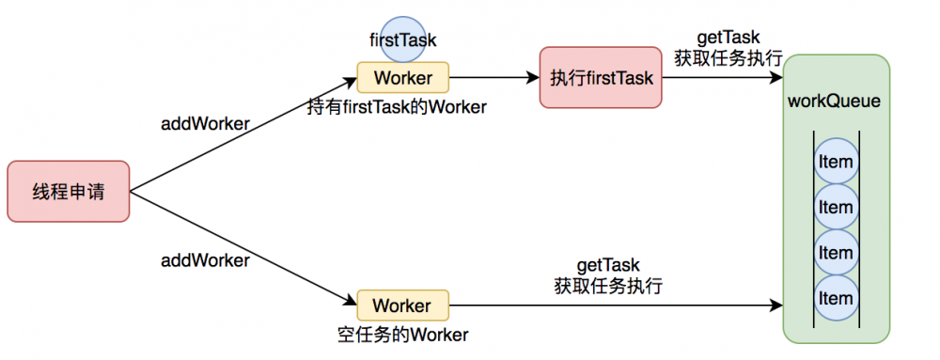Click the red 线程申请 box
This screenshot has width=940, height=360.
point(68,192)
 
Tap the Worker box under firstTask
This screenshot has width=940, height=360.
point(402,75)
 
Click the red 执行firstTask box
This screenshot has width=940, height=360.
point(601,78)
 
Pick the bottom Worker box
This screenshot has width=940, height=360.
point(402,305)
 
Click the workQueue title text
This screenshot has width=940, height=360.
point(835,101)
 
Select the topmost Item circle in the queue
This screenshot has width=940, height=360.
point(835,162)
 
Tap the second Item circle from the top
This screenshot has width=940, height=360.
point(835,207)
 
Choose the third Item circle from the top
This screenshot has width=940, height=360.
point(835,252)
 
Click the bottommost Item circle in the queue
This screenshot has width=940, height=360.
point(835,298)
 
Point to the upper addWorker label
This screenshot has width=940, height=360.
point(205,123)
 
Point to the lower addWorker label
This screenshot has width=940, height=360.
point(205,260)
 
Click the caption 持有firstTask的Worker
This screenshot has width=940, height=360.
point(397,107)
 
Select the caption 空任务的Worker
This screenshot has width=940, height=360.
point(402,334)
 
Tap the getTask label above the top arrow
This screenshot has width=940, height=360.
point(728,38)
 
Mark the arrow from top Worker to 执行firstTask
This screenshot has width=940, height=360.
point(493,76)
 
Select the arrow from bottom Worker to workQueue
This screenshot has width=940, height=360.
point(616,306)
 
